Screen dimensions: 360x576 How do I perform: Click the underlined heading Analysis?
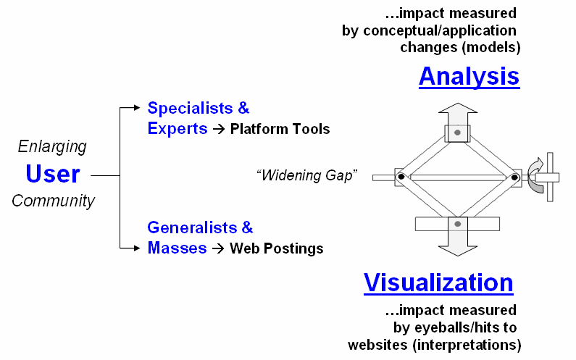pyautogui.click(x=469, y=76)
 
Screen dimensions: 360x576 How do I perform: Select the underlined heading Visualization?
pyautogui.click(x=438, y=282)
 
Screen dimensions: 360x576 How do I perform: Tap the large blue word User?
pyautogui.click(x=53, y=174)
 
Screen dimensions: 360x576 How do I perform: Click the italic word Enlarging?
pyautogui.click(x=51, y=147)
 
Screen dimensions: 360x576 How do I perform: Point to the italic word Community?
pyautogui.click(x=53, y=201)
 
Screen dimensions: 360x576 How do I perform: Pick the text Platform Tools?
pyautogui.click(x=280, y=130)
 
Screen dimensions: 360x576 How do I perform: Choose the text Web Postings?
pyautogui.click(x=277, y=248)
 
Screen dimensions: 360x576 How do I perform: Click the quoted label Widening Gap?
pyautogui.click(x=307, y=175)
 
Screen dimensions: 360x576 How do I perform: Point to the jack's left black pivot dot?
pyautogui.click(x=400, y=176)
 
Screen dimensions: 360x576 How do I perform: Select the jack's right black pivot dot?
pyautogui.click(x=515, y=176)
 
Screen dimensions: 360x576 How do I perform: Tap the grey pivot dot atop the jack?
pyautogui.click(x=457, y=133)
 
